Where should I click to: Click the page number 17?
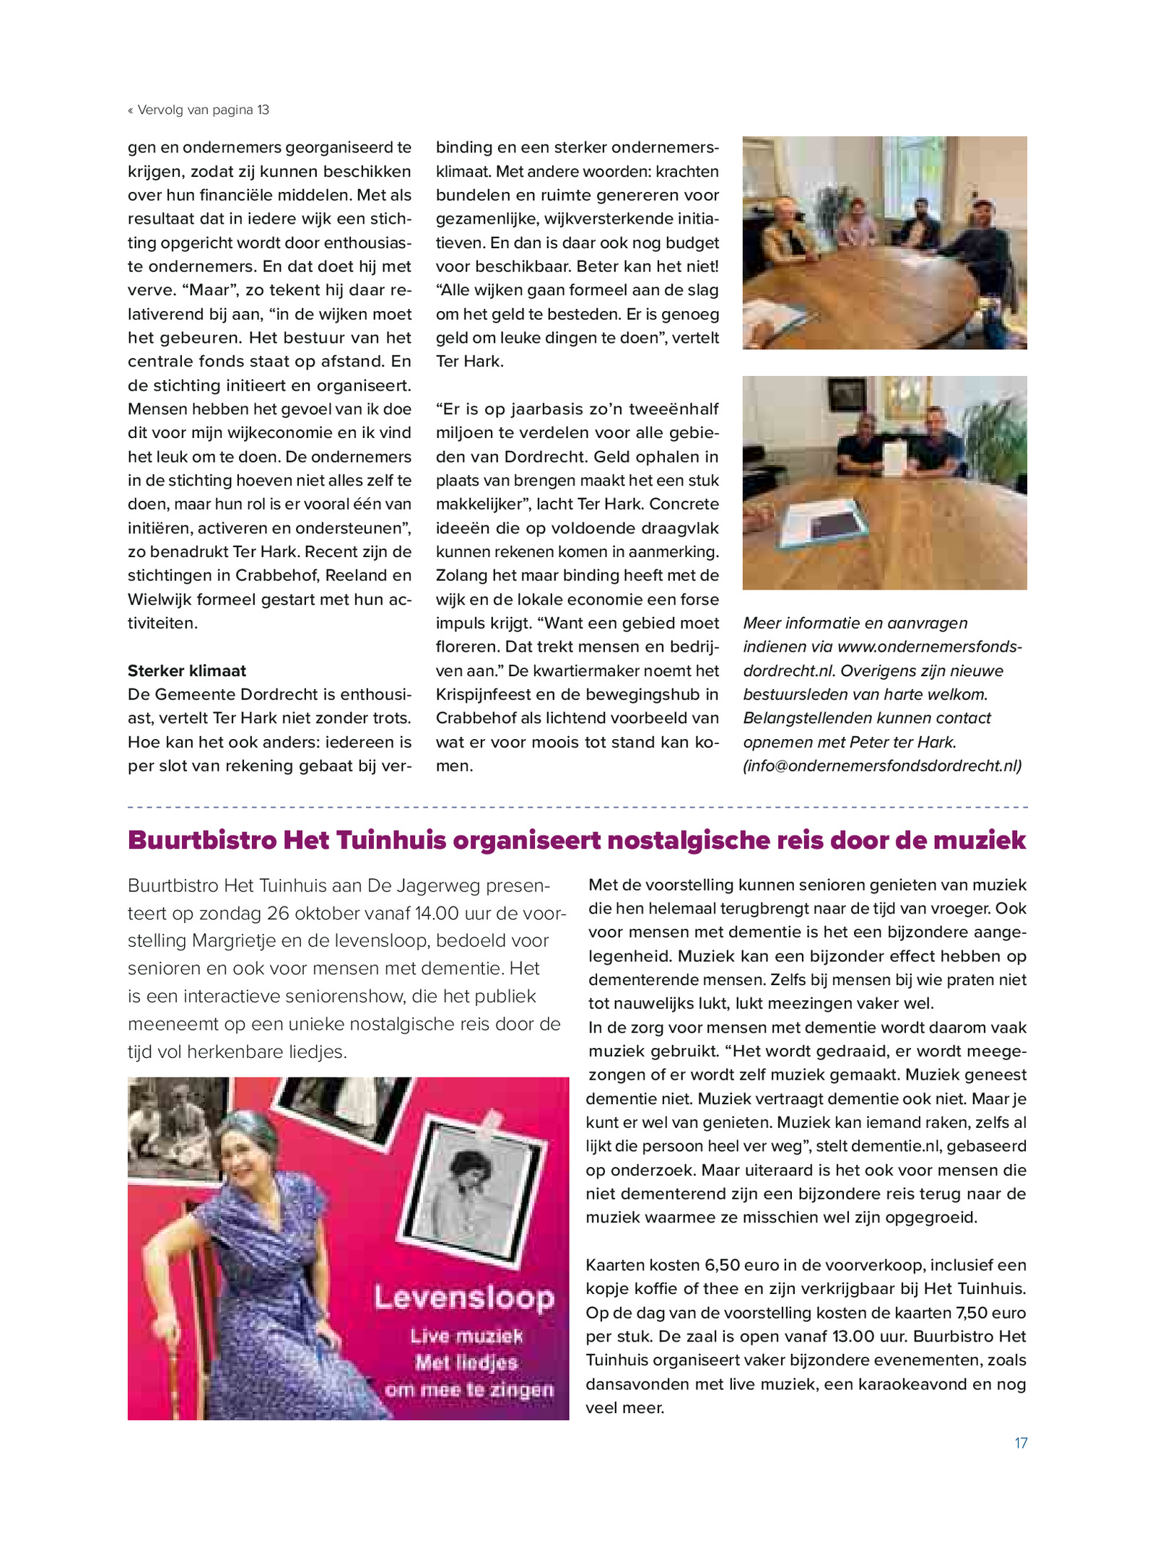[1020, 1443]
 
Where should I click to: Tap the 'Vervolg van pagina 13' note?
[199, 110]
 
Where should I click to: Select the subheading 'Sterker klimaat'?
[187, 670]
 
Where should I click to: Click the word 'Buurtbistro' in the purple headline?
[202, 841]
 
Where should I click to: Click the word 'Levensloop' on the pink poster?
[464, 1298]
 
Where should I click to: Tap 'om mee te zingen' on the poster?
[469, 1389]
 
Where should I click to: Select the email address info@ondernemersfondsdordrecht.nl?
[882, 766]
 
